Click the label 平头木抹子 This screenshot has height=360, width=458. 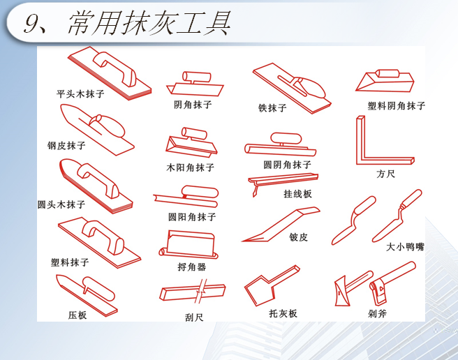click(80, 93)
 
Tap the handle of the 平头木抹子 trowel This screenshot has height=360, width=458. click(115, 68)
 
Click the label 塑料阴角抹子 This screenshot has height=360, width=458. click(397, 105)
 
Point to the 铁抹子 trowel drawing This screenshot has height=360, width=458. click(292, 88)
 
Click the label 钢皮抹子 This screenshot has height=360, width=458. click(66, 145)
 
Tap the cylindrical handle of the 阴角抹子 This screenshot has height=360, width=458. click(197, 77)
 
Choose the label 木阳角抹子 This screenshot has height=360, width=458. click(190, 167)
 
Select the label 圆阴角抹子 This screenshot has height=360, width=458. click(287, 165)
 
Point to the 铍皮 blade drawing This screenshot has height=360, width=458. click(281, 224)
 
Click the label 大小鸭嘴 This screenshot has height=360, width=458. click(405, 247)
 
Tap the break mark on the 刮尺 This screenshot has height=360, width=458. click(202, 290)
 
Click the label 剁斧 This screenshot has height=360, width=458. click(378, 313)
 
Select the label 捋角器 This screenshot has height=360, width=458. click(192, 267)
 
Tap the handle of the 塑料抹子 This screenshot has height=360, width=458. click(104, 237)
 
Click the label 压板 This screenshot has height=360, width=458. click(77, 315)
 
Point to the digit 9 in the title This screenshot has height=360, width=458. click(31, 23)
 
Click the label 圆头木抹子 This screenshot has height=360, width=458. click(61, 204)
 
